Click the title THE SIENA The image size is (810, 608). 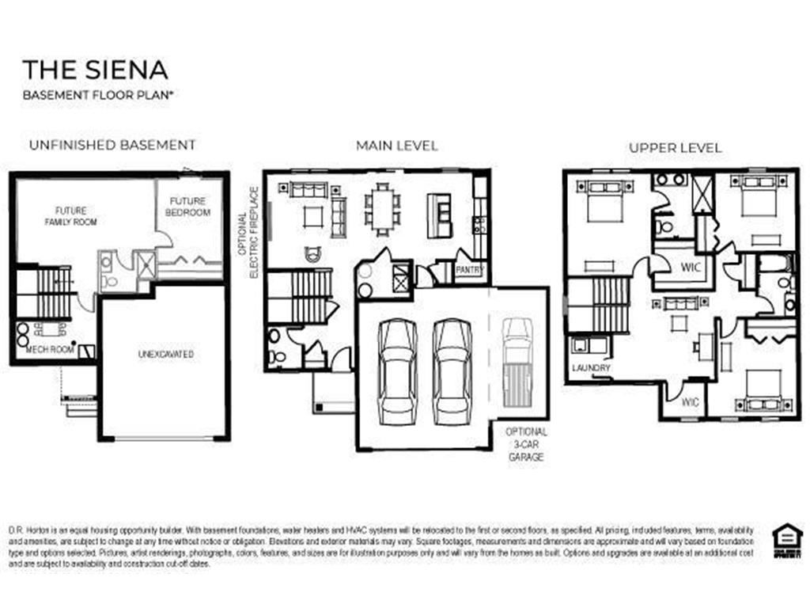(x=96, y=69)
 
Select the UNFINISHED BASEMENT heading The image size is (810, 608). (x=112, y=145)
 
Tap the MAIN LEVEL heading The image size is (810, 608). (x=396, y=145)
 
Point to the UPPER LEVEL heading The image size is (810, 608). (x=675, y=147)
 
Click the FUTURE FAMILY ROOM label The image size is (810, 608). (x=70, y=216)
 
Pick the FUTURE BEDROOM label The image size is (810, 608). (x=187, y=207)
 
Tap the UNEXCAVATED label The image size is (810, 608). (x=165, y=354)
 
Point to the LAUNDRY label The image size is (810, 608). (x=592, y=368)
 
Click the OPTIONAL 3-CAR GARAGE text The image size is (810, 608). (x=526, y=444)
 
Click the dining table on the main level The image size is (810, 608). (x=382, y=209)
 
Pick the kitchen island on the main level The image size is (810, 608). (x=438, y=215)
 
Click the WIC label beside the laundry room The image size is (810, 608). (x=690, y=401)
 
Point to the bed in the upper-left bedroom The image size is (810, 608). (x=603, y=201)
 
